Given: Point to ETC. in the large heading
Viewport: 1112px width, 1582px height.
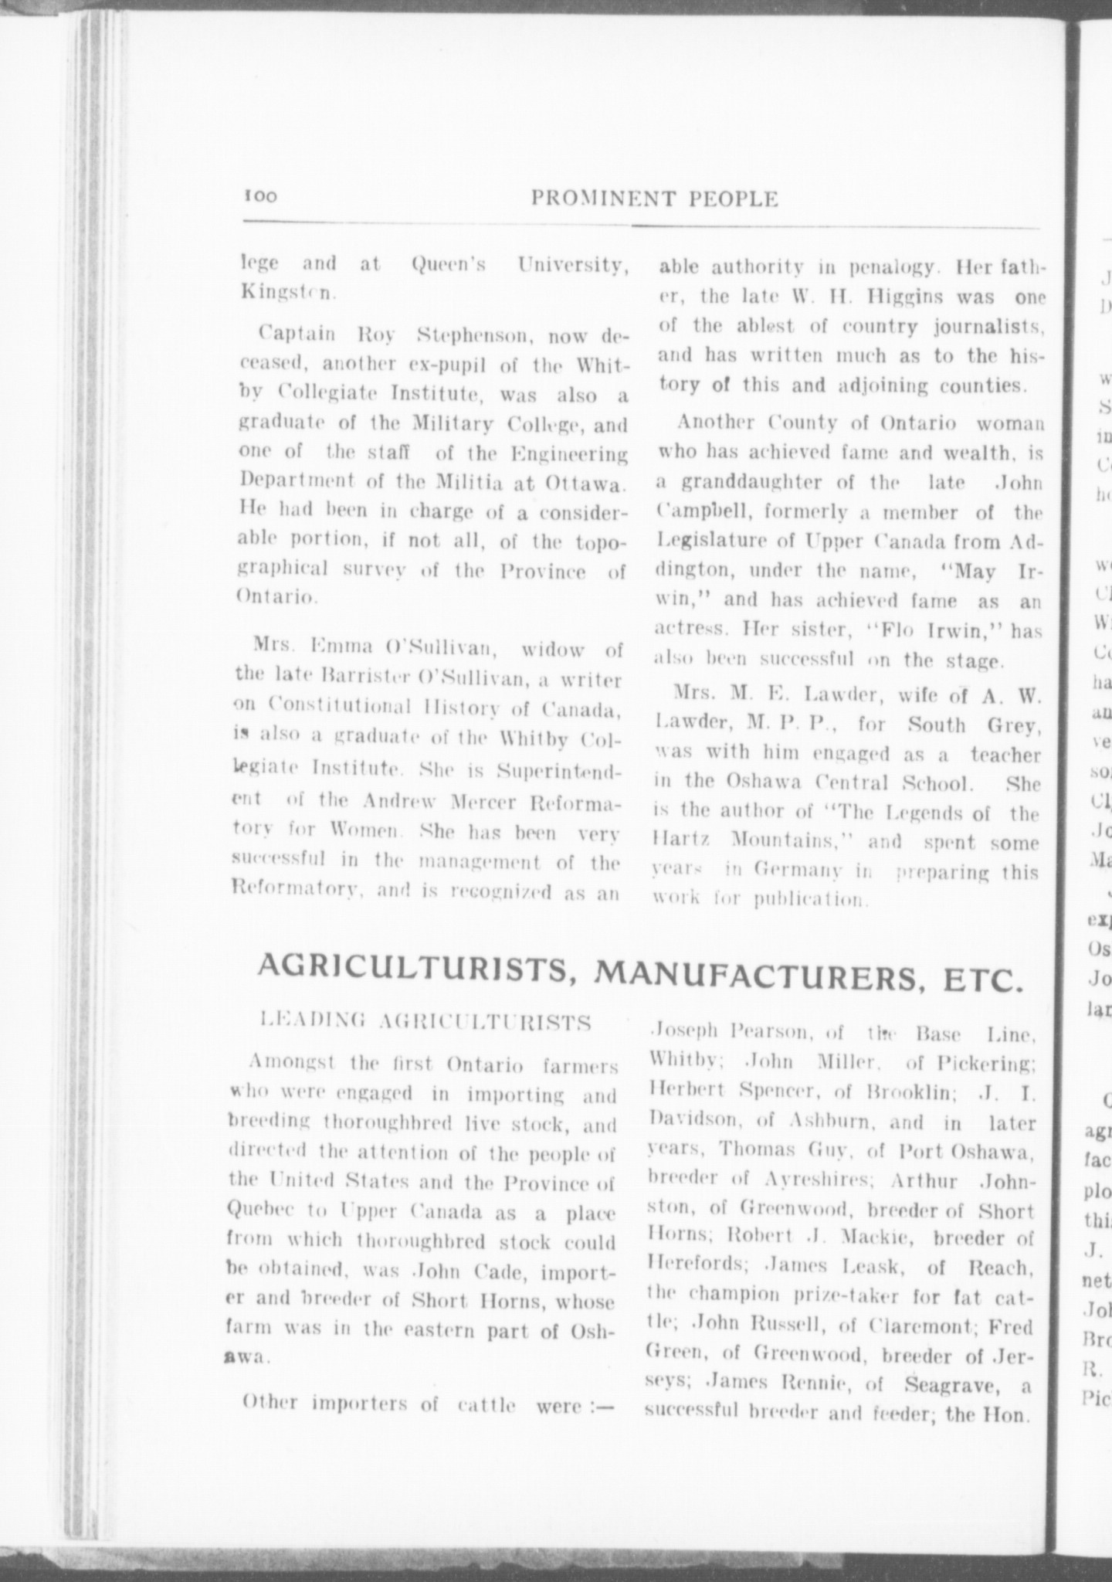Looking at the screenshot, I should pos(980,981).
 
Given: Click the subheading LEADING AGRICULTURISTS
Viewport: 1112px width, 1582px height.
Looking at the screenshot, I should pos(427,1023).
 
